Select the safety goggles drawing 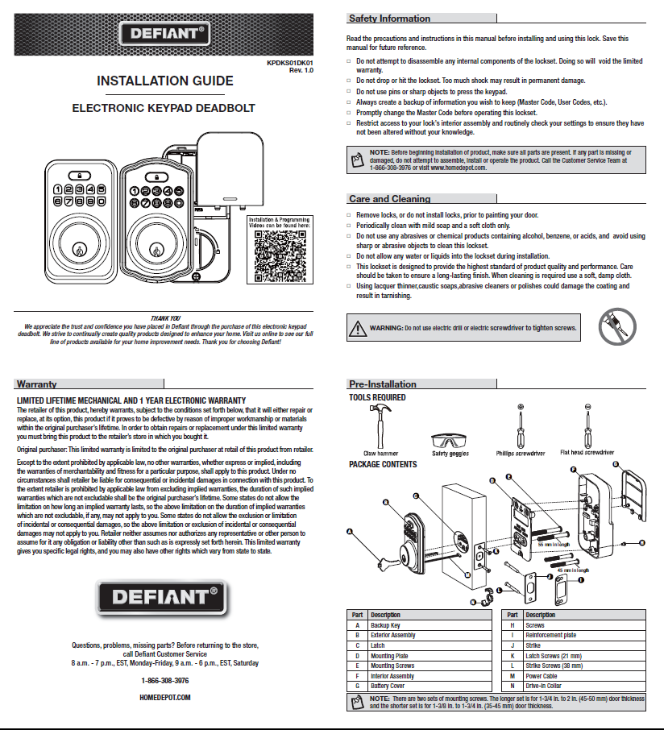coord(450,442)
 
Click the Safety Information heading coord(389,19)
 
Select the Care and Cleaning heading coord(389,199)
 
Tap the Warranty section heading coord(36,384)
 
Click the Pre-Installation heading coord(382,384)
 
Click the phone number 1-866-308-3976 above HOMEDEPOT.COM coord(165,681)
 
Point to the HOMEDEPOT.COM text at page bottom coord(165,698)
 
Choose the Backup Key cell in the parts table coord(385,625)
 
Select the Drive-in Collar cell coord(543,686)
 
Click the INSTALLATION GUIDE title coord(164,81)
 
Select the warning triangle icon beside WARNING coord(357,328)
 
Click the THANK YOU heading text coord(165,318)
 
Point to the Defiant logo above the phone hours coord(164,599)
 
